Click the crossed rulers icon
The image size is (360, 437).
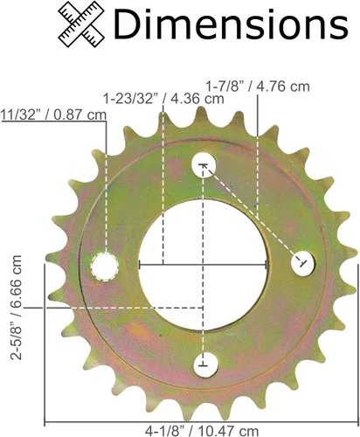coord(81,24)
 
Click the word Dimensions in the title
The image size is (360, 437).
coord(231,24)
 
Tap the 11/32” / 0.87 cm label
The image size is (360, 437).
coord(53,114)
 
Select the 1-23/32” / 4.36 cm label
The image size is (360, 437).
coord(163,99)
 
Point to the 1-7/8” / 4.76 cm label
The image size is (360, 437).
coord(258,87)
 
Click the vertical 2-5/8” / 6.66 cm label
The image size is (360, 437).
coord(17,308)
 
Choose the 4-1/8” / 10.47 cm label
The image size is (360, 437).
coord(202,431)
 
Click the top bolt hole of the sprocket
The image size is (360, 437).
coord(204,164)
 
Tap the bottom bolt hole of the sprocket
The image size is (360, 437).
coord(205,365)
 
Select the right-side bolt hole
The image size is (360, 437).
coord(303,263)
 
